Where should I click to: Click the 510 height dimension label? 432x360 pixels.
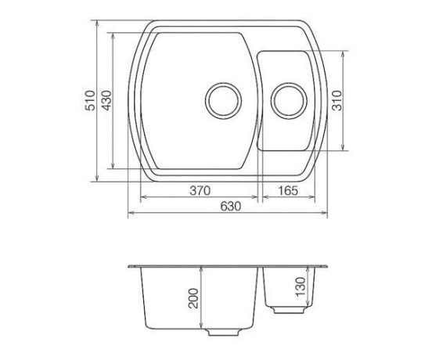tap(90, 100)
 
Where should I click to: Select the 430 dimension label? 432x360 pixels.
tap(107, 100)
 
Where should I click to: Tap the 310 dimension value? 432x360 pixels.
tap(337, 100)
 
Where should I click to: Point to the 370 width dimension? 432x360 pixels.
tap(200, 190)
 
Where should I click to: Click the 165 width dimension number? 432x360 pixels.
tap(288, 190)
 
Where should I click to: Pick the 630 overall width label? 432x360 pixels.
tap(231, 206)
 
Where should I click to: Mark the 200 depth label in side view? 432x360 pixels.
tap(193, 298)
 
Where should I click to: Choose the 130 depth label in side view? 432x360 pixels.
tap(301, 286)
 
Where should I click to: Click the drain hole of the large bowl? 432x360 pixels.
tap(224, 101)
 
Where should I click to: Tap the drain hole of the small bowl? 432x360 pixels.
tap(289, 101)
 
